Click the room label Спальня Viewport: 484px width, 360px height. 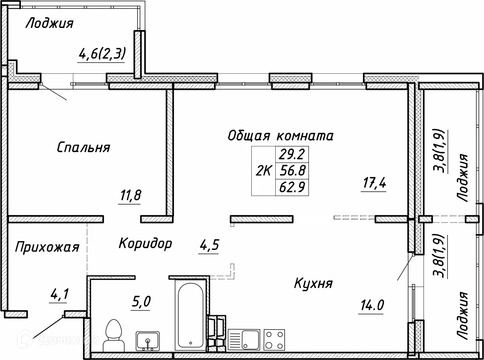click(x=83, y=147)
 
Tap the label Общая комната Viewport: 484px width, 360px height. click(x=280, y=136)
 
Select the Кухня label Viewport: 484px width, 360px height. click(x=313, y=283)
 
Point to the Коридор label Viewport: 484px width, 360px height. click(x=145, y=243)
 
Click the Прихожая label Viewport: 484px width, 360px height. click(x=47, y=247)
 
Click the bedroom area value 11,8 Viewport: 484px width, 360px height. click(x=129, y=196)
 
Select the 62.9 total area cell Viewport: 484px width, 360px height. click(x=292, y=187)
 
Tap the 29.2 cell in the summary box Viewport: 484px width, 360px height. click(x=292, y=154)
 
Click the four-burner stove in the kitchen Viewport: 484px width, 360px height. click(x=274, y=339)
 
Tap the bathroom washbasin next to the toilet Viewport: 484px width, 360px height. click(x=147, y=341)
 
